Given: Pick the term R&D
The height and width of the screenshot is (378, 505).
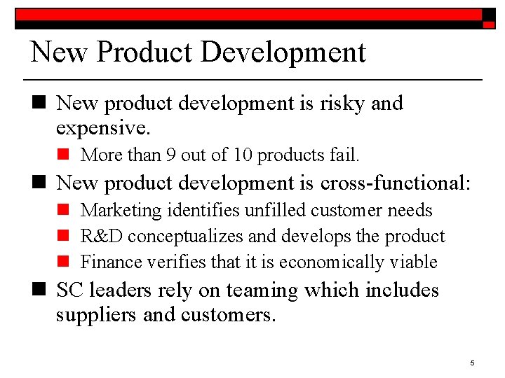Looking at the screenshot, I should pyautogui.click(x=102, y=236).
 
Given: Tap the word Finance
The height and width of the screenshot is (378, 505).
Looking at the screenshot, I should pyautogui.click(x=107, y=262).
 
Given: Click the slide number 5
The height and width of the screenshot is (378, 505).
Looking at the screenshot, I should pyautogui.click(x=472, y=363).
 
